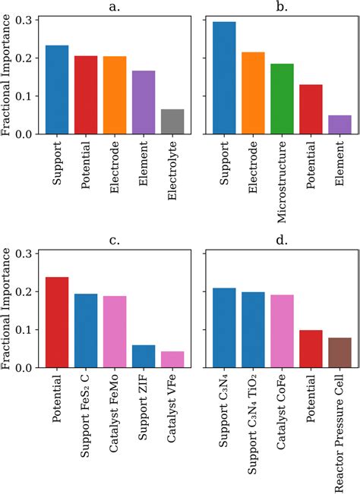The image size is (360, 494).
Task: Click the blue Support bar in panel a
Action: point(57,90)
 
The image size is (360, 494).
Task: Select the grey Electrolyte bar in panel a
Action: point(172,122)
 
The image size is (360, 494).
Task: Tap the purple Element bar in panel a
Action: point(144,102)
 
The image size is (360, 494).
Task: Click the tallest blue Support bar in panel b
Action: point(224,78)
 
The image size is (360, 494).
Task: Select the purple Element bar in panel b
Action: point(339,125)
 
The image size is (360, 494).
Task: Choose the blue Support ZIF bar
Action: point(144,357)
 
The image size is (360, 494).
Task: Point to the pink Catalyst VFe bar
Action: point(172,360)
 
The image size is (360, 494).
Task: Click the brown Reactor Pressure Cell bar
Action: point(339,353)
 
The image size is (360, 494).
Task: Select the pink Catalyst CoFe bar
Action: point(282,331)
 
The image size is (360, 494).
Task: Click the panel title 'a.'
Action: point(115,7)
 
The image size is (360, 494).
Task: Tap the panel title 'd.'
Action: point(282,241)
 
